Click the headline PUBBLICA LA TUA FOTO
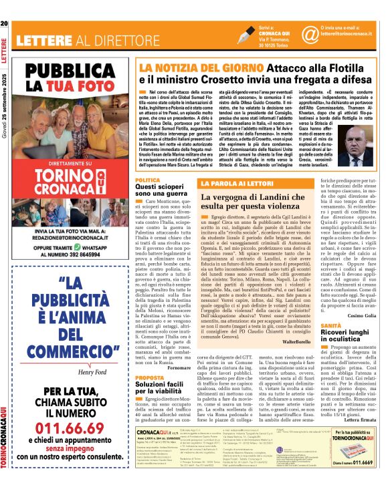click(x=70, y=78)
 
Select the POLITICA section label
click(x=147, y=180)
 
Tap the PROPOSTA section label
click(x=149, y=377)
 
